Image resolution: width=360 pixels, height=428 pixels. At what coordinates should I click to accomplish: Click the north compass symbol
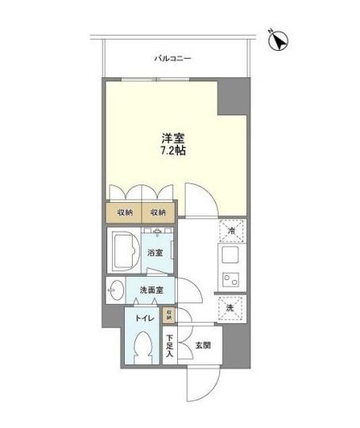pos(279,39)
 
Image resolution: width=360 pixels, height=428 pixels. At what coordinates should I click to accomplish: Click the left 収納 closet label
pos(125,212)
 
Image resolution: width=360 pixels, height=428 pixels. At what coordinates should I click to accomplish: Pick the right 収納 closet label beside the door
pos(157,212)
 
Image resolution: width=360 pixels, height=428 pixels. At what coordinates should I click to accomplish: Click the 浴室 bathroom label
pos(155,253)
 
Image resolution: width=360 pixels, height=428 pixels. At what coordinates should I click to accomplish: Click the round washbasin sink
pos(115,290)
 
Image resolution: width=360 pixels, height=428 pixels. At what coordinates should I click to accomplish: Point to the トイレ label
pos(145,318)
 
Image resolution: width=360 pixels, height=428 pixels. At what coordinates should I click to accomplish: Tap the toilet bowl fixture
pos(144,348)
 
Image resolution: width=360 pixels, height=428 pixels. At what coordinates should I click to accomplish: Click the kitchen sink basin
pos(228,256)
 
